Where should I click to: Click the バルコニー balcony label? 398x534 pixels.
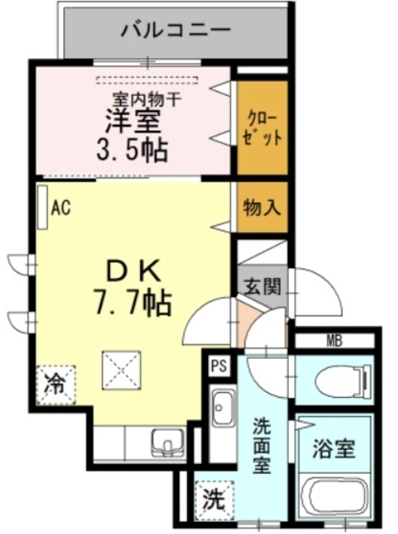[174, 32]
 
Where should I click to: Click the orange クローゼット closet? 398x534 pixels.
[261, 128]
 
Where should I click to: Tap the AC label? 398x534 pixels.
[60, 208]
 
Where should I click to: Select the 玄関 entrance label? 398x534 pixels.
[260, 285]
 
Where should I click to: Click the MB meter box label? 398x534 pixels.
[334, 340]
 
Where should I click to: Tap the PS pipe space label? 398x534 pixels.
[219, 365]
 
